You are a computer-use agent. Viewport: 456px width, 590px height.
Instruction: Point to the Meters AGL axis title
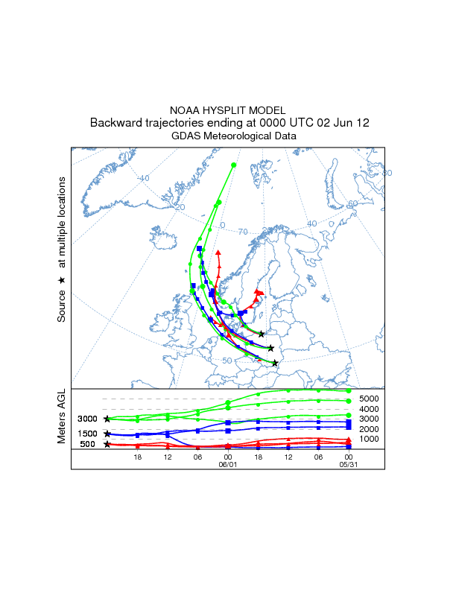(63, 419)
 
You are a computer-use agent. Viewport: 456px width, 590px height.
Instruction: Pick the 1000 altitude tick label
(370, 439)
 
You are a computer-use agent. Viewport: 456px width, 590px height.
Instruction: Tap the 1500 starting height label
(88, 434)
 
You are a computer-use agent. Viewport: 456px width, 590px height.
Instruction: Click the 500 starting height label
(88, 445)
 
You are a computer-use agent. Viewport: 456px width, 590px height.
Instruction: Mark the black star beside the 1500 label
(107, 434)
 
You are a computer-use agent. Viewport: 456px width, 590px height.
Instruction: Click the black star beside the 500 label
(107, 445)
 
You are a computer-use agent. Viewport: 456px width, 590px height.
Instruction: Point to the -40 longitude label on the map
(143, 178)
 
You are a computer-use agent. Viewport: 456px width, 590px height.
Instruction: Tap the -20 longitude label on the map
(179, 206)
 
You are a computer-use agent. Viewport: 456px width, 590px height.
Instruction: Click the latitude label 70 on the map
(242, 232)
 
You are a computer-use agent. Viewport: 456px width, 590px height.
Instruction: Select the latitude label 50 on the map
(227, 361)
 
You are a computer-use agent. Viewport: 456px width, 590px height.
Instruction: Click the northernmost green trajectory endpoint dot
(234, 165)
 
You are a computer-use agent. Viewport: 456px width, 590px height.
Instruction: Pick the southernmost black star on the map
(275, 363)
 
